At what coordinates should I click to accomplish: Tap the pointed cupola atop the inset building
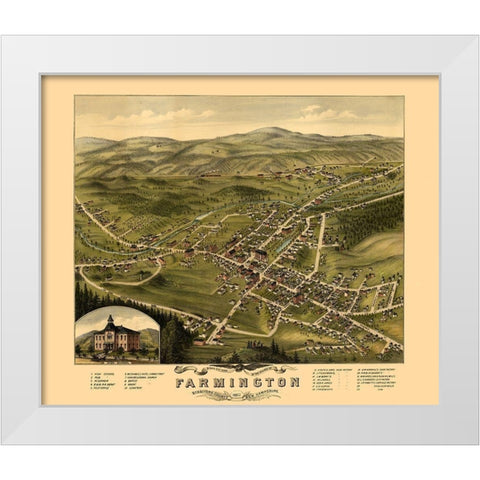click(110, 320)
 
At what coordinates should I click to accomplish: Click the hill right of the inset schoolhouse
click(150, 338)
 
